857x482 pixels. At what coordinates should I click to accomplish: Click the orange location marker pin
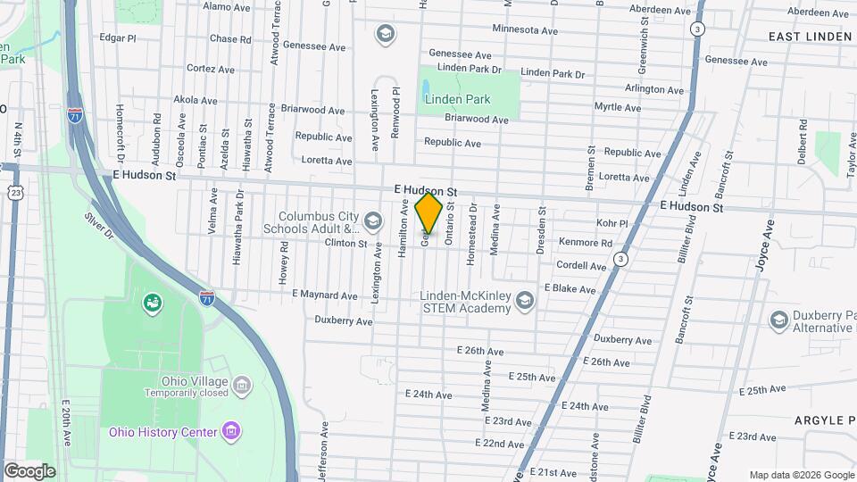point(429,213)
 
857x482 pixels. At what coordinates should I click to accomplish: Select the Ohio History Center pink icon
point(231,432)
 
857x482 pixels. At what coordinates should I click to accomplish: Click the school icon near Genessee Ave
point(386,35)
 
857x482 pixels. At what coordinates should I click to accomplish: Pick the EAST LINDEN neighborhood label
point(811,37)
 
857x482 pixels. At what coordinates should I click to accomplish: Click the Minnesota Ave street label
point(524,30)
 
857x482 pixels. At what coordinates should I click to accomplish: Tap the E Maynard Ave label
point(324,295)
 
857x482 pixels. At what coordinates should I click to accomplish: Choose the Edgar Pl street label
point(118,38)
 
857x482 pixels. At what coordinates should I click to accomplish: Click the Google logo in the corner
point(29,470)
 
